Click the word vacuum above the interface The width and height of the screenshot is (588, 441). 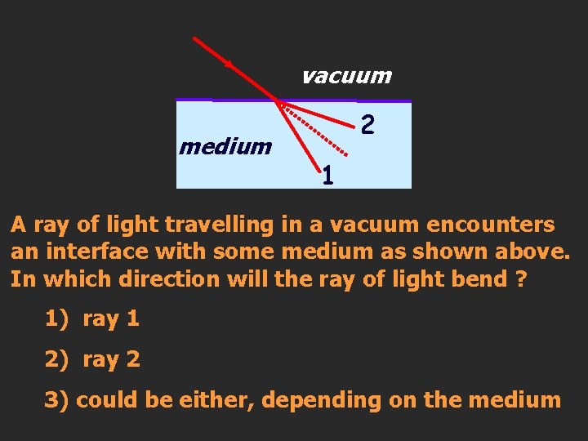[x=346, y=77]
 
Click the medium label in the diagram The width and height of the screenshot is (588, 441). [x=225, y=147]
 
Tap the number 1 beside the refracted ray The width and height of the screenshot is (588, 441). [x=327, y=175]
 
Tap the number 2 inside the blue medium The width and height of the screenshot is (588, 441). [x=368, y=125]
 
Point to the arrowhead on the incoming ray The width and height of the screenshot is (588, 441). [x=229, y=63]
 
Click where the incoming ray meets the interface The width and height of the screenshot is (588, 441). [x=278, y=101]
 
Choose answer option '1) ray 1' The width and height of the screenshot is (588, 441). [x=92, y=319]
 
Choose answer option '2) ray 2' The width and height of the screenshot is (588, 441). [x=92, y=359]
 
